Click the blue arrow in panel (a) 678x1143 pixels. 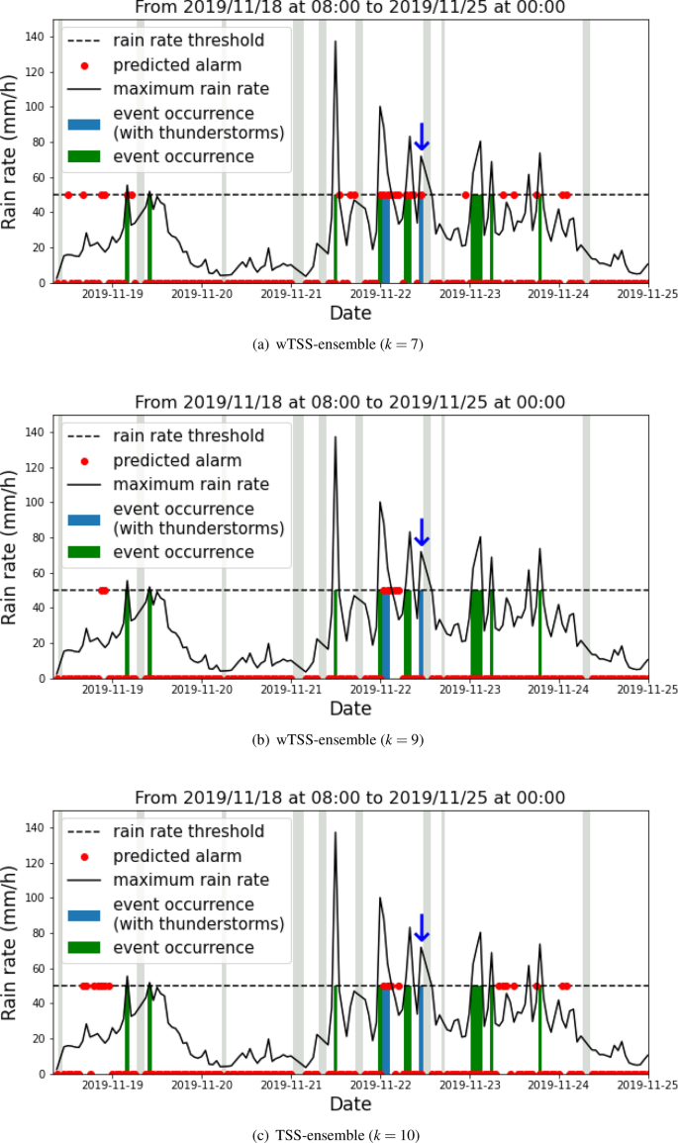pyautogui.click(x=421, y=138)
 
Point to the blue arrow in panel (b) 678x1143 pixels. pyautogui.click(x=421, y=532)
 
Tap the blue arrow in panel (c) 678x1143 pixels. pyautogui.click(x=421, y=928)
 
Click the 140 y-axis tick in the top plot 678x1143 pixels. pyautogui.click(x=34, y=37)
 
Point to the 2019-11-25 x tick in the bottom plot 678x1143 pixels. pyautogui.click(x=648, y=1085)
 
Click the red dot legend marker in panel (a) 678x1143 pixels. pyautogui.click(x=85, y=66)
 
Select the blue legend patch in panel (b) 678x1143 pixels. pyautogui.click(x=85, y=519)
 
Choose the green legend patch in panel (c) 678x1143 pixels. pyautogui.click(x=85, y=947)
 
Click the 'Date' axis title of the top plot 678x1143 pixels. pyautogui.click(x=350, y=314)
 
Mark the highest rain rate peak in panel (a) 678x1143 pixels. pyautogui.click(x=336, y=42)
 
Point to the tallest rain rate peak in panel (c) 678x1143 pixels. pyautogui.click(x=336, y=832)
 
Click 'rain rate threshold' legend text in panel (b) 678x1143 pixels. pyautogui.click(x=188, y=435)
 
